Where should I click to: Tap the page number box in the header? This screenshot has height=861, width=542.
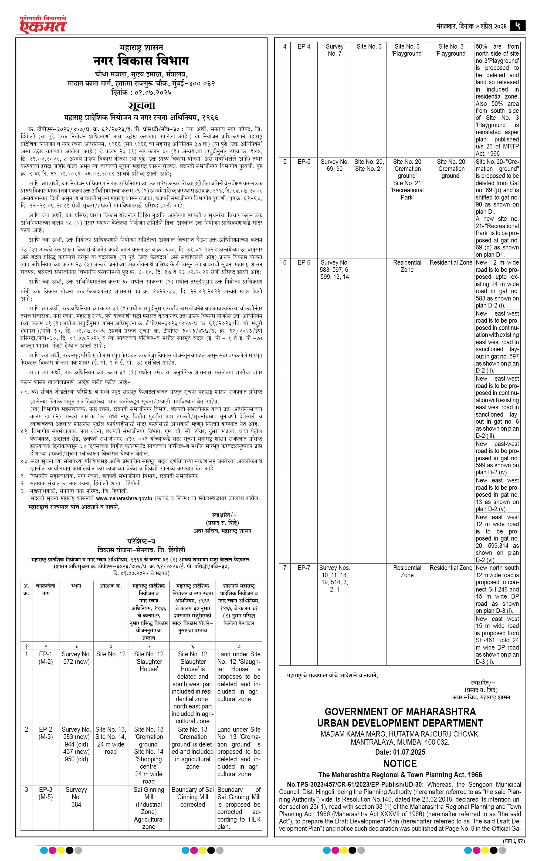click(x=517, y=26)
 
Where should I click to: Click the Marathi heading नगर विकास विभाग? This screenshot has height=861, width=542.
click(x=141, y=60)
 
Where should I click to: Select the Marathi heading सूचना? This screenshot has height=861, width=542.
click(x=142, y=106)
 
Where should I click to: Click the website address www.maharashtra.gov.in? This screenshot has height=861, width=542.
click(x=124, y=498)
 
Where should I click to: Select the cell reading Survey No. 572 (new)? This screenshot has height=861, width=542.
click(x=76, y=658)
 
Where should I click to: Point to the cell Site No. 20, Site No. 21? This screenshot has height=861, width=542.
click(x=369, y=165)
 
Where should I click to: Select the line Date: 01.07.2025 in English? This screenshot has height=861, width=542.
click(x=400, y=752)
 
